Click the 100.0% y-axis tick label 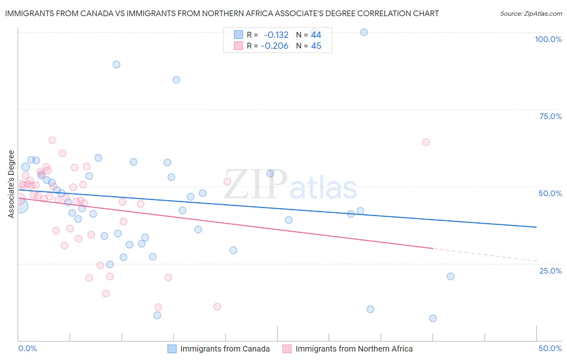(548, 39)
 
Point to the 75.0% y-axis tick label (550, 116)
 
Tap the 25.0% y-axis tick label (550, 271)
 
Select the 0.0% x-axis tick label (27, 348)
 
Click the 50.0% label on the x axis (550, 348)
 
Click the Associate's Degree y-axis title (11, 184)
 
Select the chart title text (222, 13)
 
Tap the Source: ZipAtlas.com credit (531, 14)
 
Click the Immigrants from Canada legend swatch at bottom (172, 349)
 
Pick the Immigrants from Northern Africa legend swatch (287, 349)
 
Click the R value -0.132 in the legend (276, 35)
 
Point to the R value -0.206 (275, 46)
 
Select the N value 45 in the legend (316, 46)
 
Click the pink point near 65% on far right (426, 142)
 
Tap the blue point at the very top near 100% (364, 32)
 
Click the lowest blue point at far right (433, 318)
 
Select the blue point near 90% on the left (117, 65)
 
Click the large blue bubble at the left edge (20, 205)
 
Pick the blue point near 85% (176, 80)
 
